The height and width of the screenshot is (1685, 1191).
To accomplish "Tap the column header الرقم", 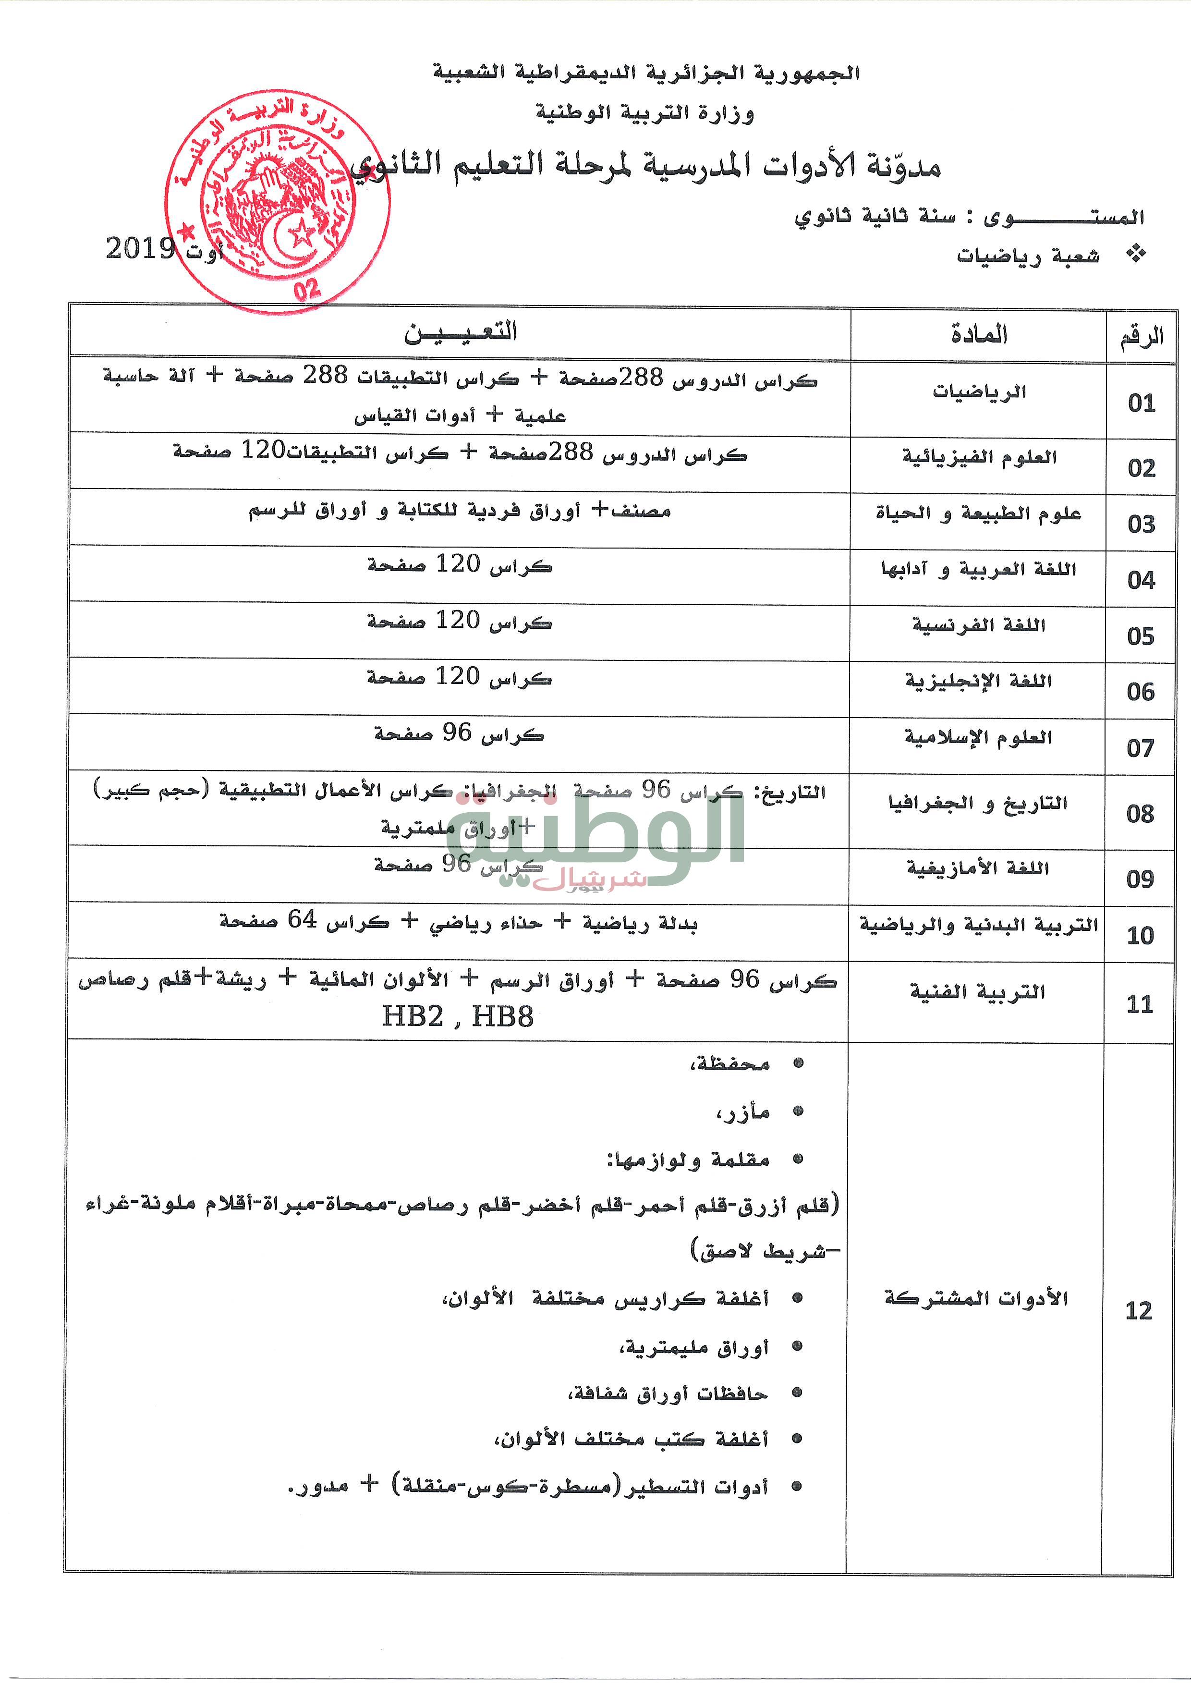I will click(x=1141, y=337).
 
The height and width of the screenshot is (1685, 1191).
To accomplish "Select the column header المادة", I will click(x=979, y=335).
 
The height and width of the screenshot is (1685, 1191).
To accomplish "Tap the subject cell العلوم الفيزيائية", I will click(x=979, y=457).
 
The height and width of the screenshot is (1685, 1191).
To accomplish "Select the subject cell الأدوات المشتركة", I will click(x=975, y=1298).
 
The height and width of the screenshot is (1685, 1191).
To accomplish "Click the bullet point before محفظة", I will click(x=799, y=1063).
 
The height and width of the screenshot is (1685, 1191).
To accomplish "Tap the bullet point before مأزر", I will click(x=799, y=1112).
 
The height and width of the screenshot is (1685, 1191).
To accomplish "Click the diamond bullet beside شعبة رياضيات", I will click(x=1136, y=254).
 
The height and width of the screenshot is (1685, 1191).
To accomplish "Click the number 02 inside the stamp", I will click(x=307, y=288).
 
